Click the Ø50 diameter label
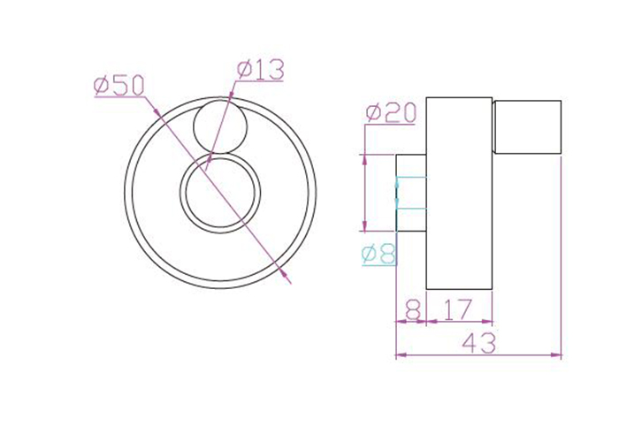118,86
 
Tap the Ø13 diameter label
260,70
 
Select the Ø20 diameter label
391,113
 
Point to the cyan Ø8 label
378,254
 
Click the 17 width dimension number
458,309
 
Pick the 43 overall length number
478,343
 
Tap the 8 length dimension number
413,309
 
